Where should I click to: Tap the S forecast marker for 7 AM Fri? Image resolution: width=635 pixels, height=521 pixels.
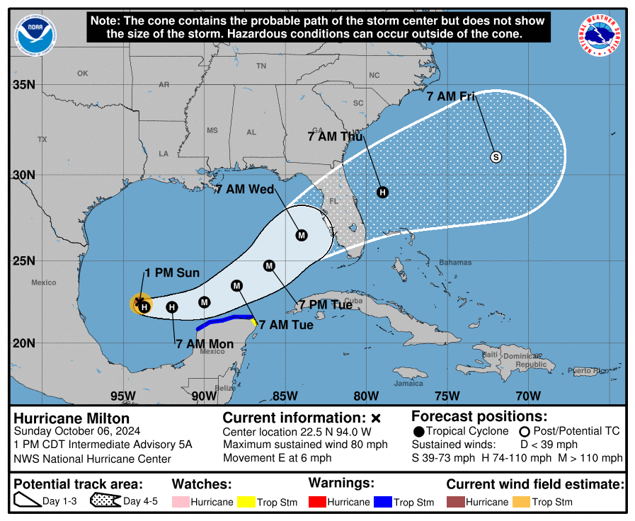click(x=496, y=157)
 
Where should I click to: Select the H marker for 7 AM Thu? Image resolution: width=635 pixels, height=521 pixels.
click(x=382, y=192)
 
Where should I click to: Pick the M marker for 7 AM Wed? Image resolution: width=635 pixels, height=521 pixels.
click(x=302, y=235)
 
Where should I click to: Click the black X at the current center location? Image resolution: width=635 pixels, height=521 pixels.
click(x=139, y=302)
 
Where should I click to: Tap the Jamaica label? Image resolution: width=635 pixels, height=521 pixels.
click(x=408, y=384)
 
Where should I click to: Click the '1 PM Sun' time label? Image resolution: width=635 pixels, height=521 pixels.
click(x=172, y=273)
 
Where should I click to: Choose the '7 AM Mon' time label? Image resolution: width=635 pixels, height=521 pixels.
click(x=204, y=344)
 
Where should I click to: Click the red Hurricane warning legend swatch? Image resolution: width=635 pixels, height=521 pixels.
click(x=319, y=502)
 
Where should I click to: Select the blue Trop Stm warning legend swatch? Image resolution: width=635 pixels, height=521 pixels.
click(x=383, y=502)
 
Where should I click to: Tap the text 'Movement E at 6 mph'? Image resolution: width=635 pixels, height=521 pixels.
click(x=277, y=458)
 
